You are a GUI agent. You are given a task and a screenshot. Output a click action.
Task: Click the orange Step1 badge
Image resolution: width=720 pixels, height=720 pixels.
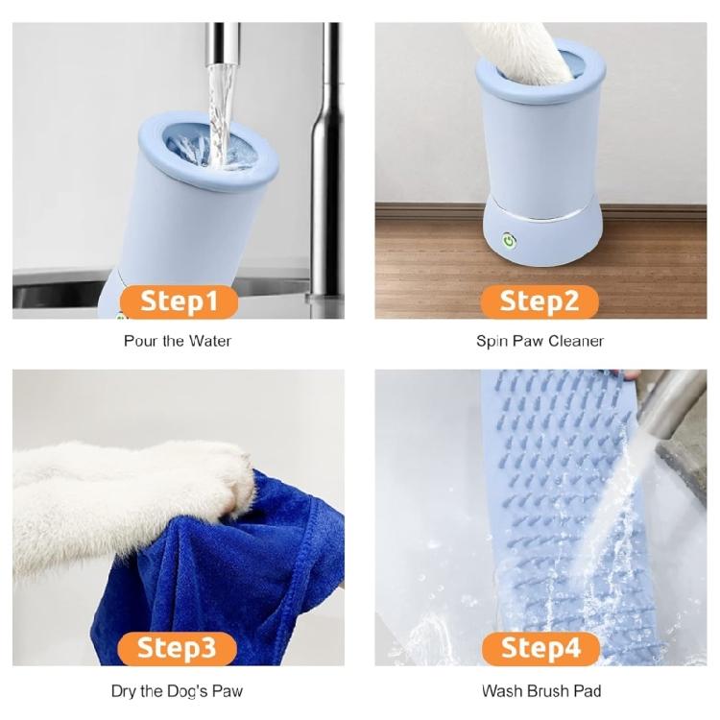[x=178, y=301]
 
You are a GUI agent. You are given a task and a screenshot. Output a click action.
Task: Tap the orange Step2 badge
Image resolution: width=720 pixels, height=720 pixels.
[x=540, y=301]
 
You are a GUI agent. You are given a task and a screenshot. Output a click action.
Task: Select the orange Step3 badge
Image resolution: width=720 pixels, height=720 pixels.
[x=178, y=648]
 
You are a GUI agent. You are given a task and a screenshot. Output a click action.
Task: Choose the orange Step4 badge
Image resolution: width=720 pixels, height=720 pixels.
[x=540, y=648]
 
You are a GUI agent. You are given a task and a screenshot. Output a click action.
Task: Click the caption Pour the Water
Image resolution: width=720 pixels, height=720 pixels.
[x=178, y=341]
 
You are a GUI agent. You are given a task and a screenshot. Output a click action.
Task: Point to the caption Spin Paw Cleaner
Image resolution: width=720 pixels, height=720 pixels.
[x=540, y=341]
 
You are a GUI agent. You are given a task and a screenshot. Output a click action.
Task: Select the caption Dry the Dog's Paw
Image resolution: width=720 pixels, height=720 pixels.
[x=178, y=691]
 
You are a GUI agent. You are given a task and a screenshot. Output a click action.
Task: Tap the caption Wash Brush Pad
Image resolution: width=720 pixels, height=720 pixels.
[x=540, y=691]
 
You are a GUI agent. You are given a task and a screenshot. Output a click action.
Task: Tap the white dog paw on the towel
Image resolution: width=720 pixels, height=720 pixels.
[x=226, y=475]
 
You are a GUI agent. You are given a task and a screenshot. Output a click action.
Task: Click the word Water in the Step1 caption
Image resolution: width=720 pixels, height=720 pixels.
[x=210, y=341]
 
